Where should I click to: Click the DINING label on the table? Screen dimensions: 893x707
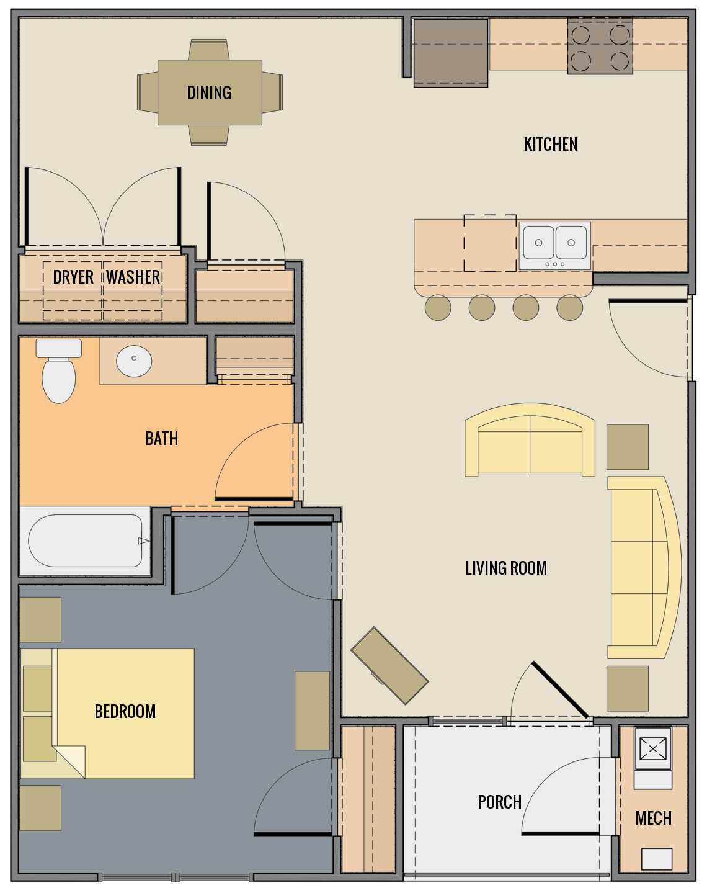[x=209, y=92]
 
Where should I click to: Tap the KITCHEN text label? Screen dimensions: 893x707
[x=550, y=145]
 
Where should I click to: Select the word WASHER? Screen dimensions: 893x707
[x=133, y=277]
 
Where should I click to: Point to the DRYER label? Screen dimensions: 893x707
[x=73, y=277]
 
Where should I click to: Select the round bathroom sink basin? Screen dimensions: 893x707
[x=134, y=360]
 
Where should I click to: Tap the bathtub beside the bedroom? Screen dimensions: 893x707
[x=85, y=541]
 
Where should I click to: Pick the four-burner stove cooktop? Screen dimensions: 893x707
[x=600, y=47]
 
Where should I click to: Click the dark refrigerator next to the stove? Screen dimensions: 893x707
[x=451, y=52]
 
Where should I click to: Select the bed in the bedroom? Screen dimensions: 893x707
[x=124, y=714]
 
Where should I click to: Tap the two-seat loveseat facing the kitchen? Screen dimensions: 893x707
[x=530, y=441]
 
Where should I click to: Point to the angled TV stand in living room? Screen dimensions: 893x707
[x=389, y=666]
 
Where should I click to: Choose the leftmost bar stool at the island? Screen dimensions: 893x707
[x=438, y=307]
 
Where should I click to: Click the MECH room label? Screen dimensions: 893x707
[x=653, y=819]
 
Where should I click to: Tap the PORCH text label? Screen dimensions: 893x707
[x=499, y=802]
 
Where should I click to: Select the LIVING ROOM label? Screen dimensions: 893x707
[x=506, y=568]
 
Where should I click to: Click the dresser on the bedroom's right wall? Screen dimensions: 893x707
[x=312, y=711]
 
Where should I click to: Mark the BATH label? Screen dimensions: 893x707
[x=162, y=439]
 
